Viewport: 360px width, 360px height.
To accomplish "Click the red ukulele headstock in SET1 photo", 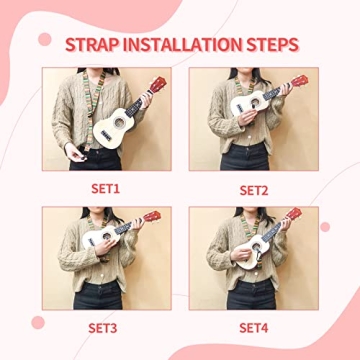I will pyautogui.click(x=158, y=85).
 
